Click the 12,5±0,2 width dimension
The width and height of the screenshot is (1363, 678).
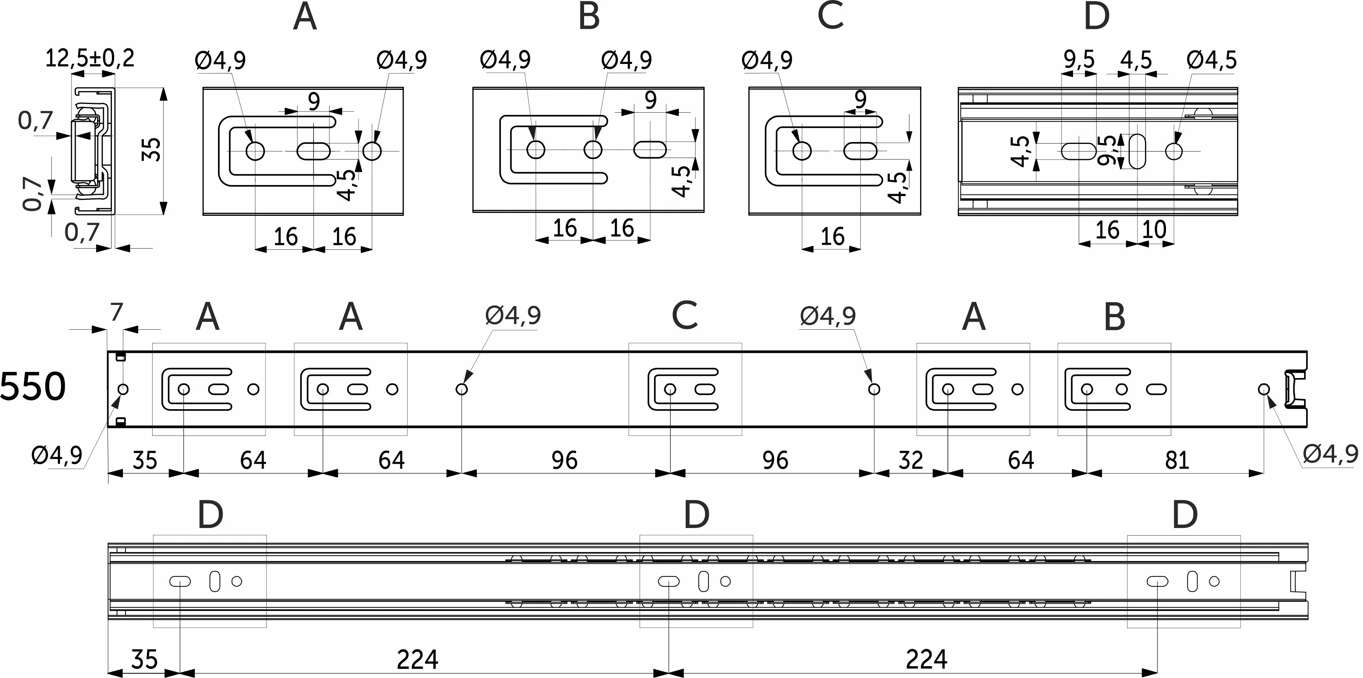point(89,58)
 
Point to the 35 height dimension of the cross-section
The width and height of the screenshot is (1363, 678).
point(152,150)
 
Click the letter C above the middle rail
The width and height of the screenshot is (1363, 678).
point(684,316)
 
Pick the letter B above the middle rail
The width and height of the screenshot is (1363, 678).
point(1114,317)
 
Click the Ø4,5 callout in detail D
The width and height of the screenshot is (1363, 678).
point(1212,60)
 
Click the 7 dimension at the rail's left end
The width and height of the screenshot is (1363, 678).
point(116,312)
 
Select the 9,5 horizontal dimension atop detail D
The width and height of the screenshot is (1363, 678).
point(1079,60)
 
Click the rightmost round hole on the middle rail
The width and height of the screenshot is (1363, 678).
point(1264,389)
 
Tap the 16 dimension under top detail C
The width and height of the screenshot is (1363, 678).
point(832,236)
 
